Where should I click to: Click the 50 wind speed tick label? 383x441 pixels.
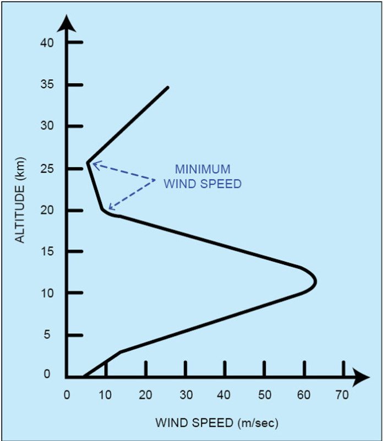coord(264,394)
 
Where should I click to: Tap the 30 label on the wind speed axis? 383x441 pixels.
coord(185,394)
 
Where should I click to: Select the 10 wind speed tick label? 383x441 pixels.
coord(106,394)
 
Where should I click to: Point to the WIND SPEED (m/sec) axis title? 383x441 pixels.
coord(217,423)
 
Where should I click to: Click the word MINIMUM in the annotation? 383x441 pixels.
coord(202,169)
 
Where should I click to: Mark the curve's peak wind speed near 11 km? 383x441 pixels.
coord(315,281)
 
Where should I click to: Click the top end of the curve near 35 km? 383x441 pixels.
coord(168,87)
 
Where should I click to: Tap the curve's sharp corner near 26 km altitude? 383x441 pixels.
coord(87,162)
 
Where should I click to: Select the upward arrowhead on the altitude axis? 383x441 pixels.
coord(67,24)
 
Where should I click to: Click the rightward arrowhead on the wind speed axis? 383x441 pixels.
coord(362,377)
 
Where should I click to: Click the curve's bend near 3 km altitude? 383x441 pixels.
coord(120,351)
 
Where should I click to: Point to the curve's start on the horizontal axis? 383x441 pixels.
coord(84,377)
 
